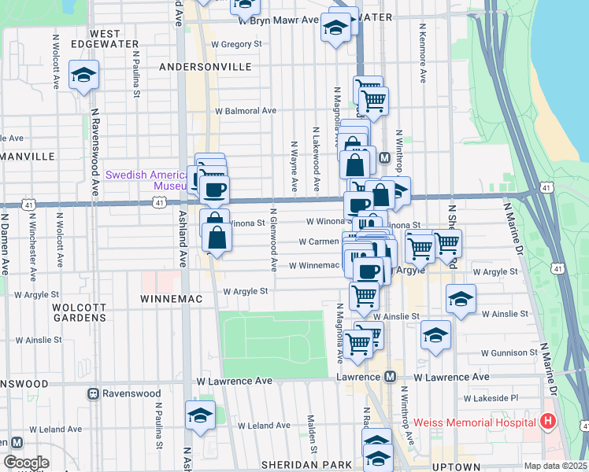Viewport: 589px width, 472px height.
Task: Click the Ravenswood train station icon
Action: tap(93, 393)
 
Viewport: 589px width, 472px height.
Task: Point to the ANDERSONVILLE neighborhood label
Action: tap(205, 68)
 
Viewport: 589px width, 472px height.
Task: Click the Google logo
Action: tap(26, 463)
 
